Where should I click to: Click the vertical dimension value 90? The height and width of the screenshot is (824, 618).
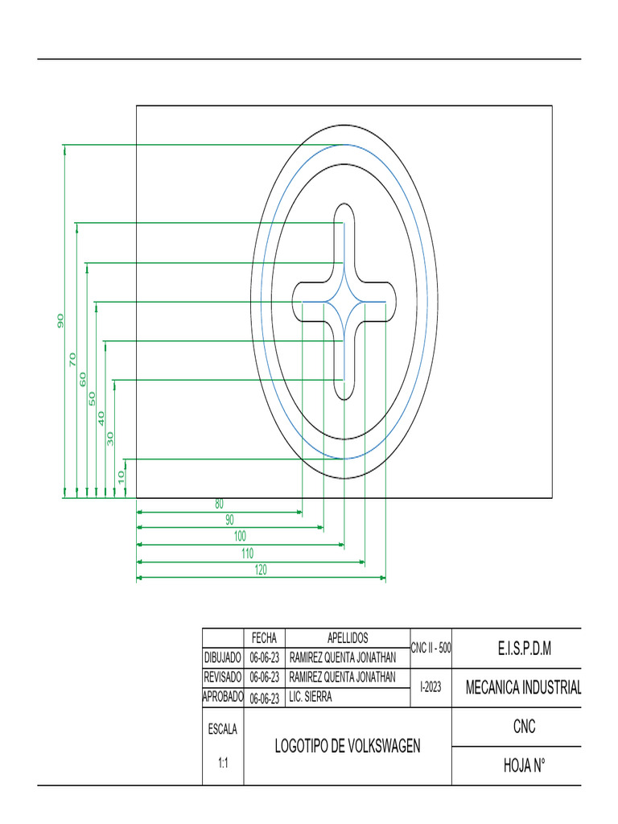click(60, 320)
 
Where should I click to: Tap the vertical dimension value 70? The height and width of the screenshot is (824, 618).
click(72, 360)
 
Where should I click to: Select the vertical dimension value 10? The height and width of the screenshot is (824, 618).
click(121, 476)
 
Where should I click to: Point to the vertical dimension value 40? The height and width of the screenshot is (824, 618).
click(101, 418)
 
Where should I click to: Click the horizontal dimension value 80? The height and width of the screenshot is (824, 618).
click(219, 505)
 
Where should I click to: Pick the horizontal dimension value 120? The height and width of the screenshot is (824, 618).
click(259, 570)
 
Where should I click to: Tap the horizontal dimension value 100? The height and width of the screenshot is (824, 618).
click(240, 536)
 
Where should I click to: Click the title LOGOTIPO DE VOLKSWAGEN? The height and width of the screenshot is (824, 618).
click(348, 746)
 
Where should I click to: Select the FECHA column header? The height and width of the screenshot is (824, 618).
click(264, 638)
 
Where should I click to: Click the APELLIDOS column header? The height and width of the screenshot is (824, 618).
click(347, 638)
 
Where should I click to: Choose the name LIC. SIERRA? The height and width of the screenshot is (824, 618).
click(311, 698)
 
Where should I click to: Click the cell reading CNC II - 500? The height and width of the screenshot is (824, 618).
click(431, 648)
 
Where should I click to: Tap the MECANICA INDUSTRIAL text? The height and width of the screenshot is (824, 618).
click(523, 688)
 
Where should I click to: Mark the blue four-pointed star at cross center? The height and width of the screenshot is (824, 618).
click(344, 303)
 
